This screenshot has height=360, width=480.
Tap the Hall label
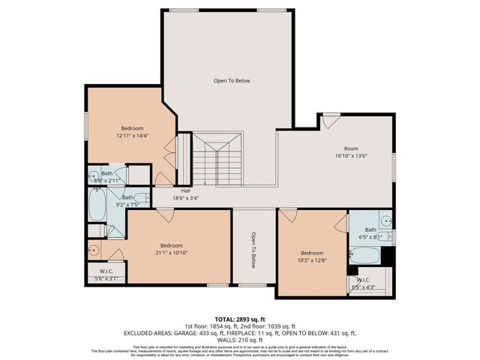pos(185,190)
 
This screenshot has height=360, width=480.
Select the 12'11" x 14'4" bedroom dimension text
pos(133,136)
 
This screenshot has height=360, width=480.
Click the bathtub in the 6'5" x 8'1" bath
pos(364,255)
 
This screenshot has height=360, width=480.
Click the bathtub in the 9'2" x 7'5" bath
pos(97,205)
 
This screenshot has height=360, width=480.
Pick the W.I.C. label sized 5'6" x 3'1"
pos(106,278)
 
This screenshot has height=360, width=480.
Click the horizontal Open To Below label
pos(232,80)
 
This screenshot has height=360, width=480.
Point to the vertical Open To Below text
pos(253,249)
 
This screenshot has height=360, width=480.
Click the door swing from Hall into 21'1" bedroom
pos(165,215)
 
